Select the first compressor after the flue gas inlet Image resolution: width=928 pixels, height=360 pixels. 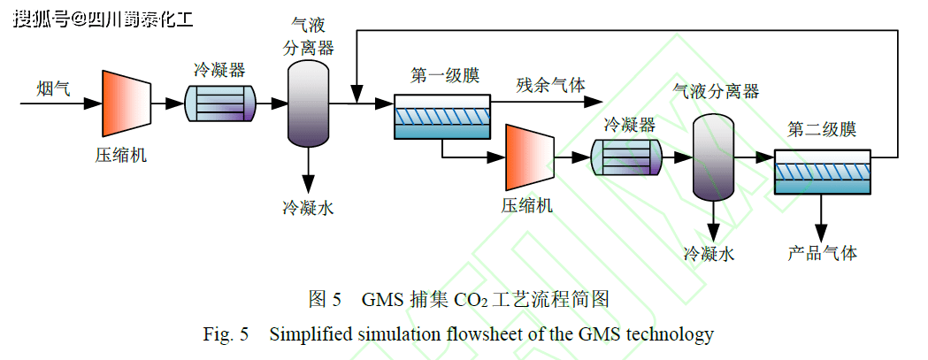pos(126,104)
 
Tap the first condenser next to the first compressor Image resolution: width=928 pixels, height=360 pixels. pos(219,104)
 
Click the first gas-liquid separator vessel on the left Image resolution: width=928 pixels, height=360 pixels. pos(308,104)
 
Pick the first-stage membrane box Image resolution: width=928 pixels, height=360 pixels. pos(441,117)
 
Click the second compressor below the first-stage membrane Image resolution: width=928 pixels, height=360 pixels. pos(529,157)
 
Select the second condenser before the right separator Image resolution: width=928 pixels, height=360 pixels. pos(628,157)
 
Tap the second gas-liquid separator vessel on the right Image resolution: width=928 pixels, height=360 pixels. pos(714,157)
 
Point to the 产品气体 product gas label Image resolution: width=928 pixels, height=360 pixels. pos(822,253)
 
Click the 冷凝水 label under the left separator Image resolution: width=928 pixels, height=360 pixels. pos(308,209)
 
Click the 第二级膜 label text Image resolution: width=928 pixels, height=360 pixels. pos(822,130)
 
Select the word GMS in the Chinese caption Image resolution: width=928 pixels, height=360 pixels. pos(382,299)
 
